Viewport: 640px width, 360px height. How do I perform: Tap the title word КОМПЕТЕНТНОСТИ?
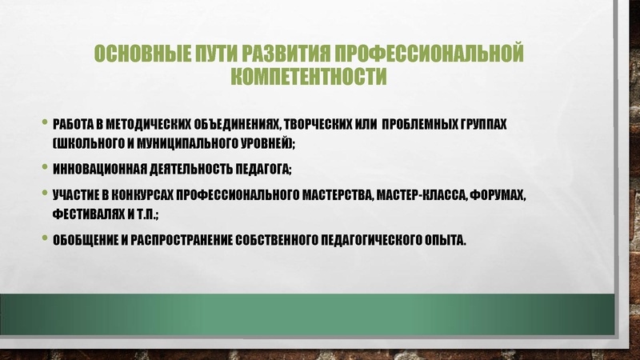309,78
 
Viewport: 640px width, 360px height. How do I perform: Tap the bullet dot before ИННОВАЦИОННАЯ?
45,168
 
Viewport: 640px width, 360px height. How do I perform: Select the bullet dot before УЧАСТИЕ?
45,194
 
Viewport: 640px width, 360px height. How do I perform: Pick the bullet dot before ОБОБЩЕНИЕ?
45,238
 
